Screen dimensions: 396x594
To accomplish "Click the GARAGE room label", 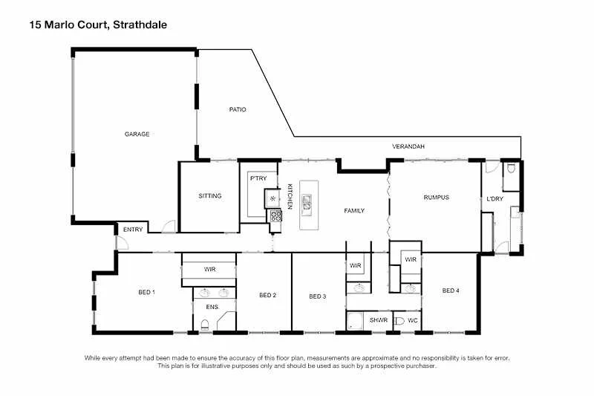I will (137, 134).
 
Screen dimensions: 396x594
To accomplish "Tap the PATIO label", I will (237, 109).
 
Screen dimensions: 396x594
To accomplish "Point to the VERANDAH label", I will (408, 146).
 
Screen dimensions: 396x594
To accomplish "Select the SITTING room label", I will (210, 196).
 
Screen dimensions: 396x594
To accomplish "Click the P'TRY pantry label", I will (258, 179).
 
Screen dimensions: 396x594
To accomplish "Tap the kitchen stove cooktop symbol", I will (275, 216).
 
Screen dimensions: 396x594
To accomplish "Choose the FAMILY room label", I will (354, 211).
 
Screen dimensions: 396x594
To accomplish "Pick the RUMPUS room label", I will (437, 197).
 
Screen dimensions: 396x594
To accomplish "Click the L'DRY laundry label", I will (495, 198).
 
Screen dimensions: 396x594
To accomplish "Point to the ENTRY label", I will (133, 230).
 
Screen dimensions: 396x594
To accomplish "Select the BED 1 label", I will (146, 292).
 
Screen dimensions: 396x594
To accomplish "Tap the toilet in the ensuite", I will (204, 323).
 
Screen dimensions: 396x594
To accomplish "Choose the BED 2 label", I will (268, 295).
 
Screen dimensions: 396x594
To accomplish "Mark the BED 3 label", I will (318, 296).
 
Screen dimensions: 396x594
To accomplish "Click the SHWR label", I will (379, 320).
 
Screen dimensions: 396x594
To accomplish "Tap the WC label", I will (414, 320).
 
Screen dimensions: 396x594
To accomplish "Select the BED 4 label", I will (451, 290).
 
